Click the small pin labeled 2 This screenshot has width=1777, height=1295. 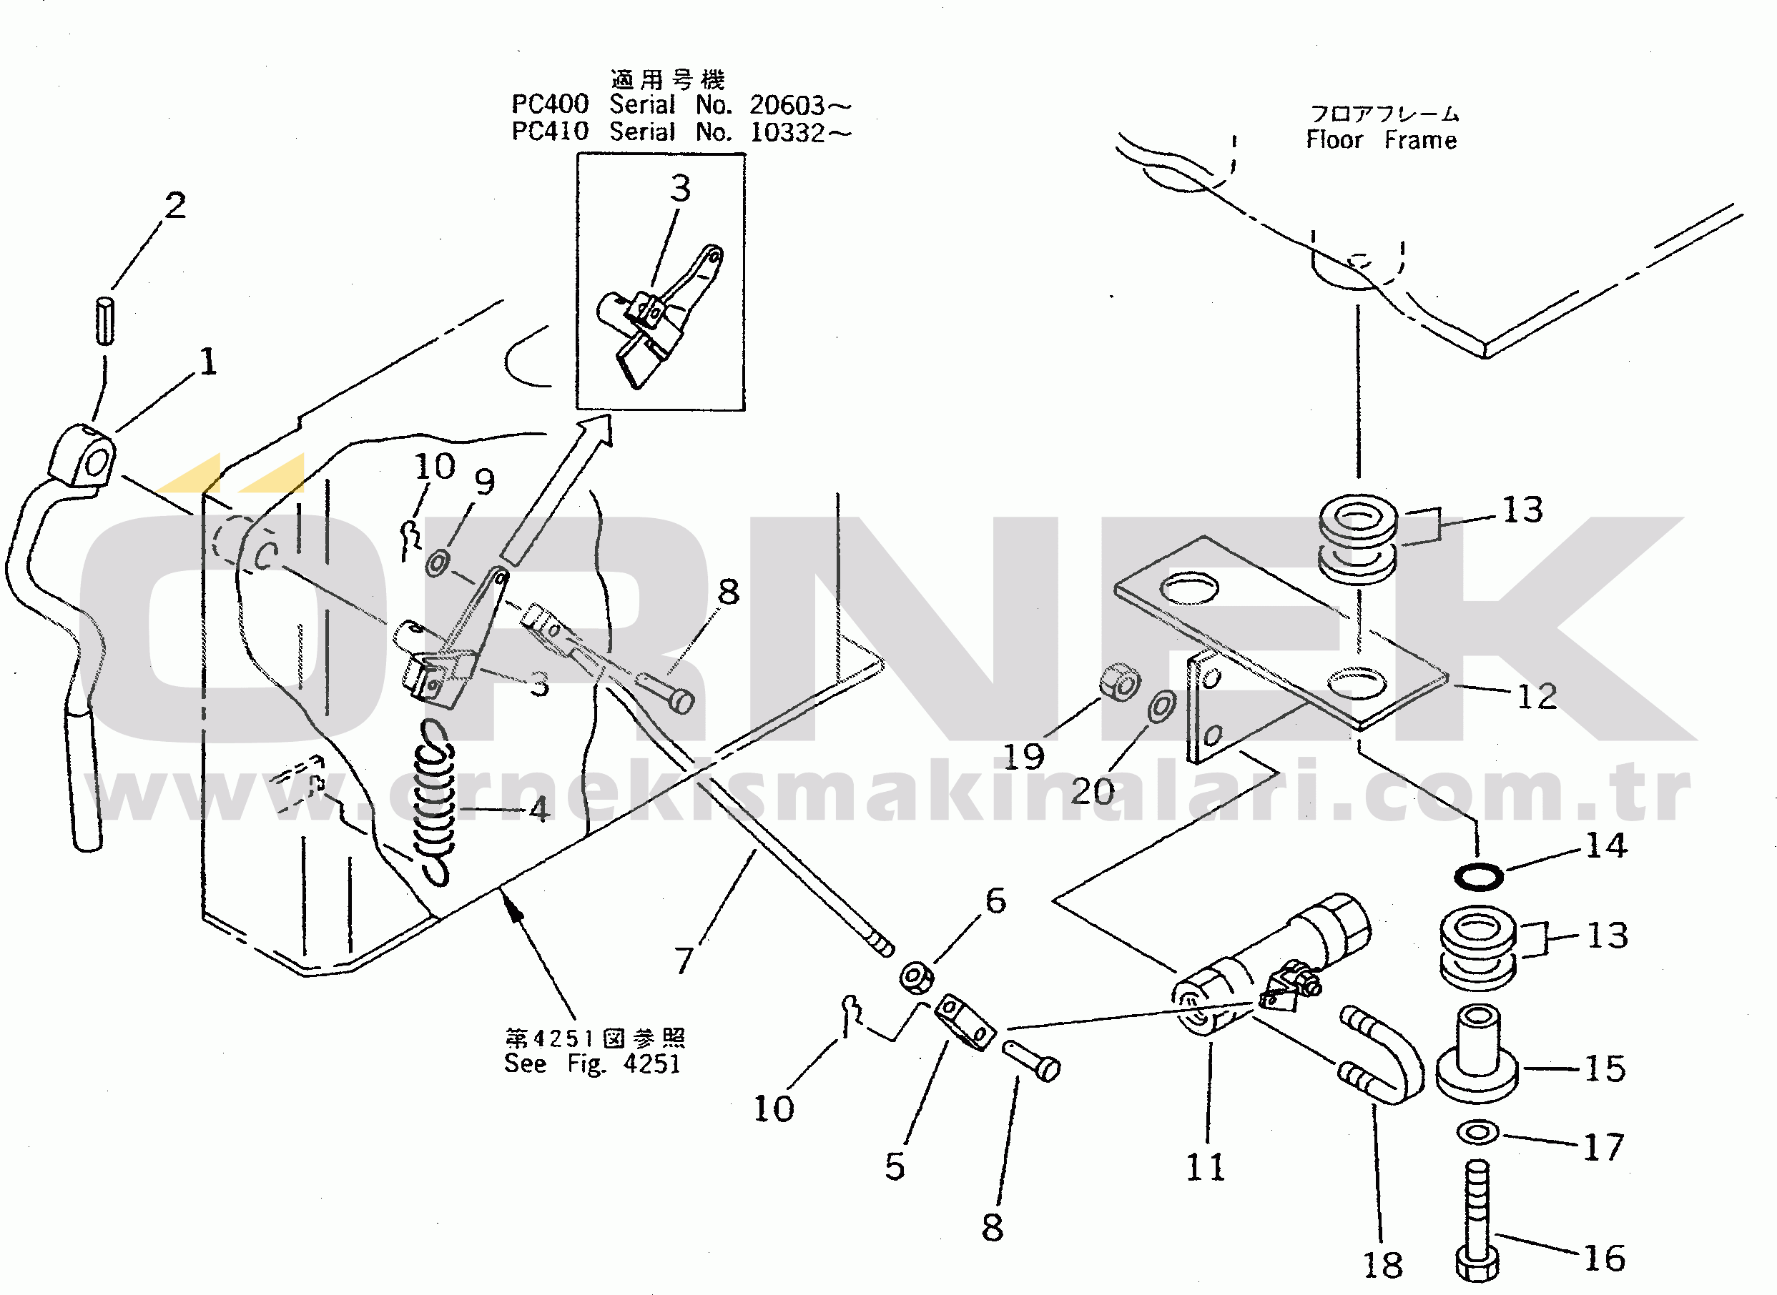[105, 320]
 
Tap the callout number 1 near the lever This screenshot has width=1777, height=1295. [208, 362]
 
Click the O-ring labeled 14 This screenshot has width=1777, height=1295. [1478, 875]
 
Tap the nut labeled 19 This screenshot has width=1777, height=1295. [1119, 683]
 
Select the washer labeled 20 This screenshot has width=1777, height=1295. [1161, 706]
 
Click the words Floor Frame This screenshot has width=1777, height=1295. [1381, 140]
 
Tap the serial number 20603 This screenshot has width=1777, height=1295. [787, 105]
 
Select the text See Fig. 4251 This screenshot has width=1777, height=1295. [592, 1063]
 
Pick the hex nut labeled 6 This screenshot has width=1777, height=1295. [916, 978]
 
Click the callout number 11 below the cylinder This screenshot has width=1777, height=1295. [1204, 1167]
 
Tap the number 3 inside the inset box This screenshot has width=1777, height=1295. [680, 188]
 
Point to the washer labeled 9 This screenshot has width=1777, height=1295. [438, 563]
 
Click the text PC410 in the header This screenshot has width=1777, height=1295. [550, 131]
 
